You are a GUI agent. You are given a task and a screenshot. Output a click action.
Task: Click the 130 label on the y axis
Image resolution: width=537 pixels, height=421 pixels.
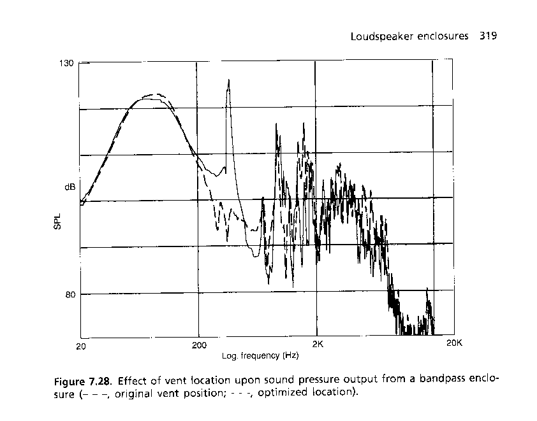[67, 63]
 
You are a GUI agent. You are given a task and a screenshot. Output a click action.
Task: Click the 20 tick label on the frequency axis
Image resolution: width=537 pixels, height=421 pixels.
[80, 346]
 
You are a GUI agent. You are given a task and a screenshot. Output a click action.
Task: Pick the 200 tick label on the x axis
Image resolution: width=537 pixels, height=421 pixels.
[199, 346]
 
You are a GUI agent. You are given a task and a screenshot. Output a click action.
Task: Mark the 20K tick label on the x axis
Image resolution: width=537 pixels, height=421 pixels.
[453, 343]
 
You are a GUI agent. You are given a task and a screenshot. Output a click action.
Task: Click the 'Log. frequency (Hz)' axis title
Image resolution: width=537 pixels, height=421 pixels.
[260, 355]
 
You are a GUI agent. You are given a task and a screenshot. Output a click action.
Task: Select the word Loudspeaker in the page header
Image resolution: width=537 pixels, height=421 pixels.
[379, 36]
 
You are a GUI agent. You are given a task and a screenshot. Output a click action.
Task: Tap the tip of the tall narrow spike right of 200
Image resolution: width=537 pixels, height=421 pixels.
[228, 80]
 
